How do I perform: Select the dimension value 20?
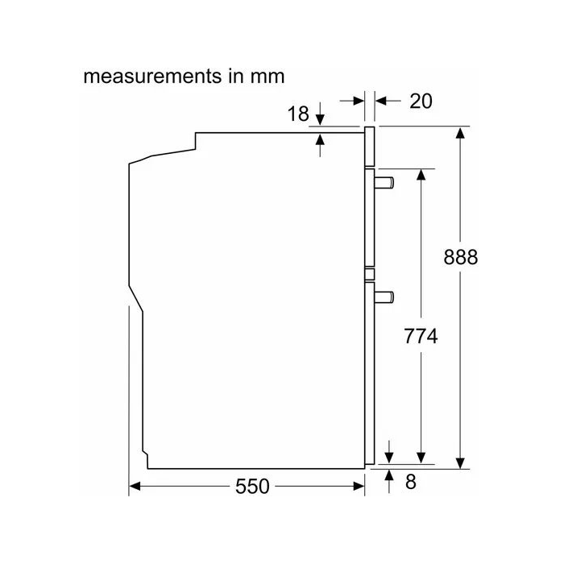pyautogui.click(x=421, y=101)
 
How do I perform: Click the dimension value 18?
pyautogui.click(x=298, y=114)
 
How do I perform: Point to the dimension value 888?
pyautogui.click(x=461, y=257)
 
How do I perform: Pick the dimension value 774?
pyautogui.click(x=420, y=337)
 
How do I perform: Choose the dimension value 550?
pyautogui.click(x=253, y=486)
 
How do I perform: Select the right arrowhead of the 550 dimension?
pyautogui.click(x=359, y=486)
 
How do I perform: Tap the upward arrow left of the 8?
pyautogui.click(x=390, y=477)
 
